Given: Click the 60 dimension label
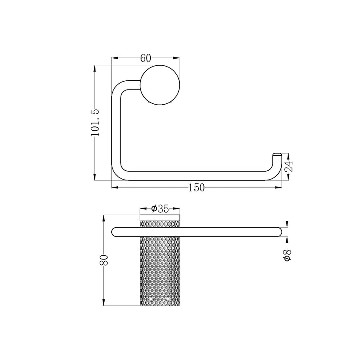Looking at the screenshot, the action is [146, 58].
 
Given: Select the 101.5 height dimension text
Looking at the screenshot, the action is [95, 122].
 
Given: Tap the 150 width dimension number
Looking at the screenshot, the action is [196, 188].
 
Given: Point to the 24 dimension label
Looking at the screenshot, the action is [288, 167].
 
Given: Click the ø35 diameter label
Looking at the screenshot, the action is [160, 209].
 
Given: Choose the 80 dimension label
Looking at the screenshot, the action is [104, 260].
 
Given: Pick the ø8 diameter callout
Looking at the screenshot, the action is [288, 255].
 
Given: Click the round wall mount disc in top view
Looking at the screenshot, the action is [160, 85].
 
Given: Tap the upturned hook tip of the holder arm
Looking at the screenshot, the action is [277, 155].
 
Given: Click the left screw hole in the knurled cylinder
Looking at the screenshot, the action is [151, 299].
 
